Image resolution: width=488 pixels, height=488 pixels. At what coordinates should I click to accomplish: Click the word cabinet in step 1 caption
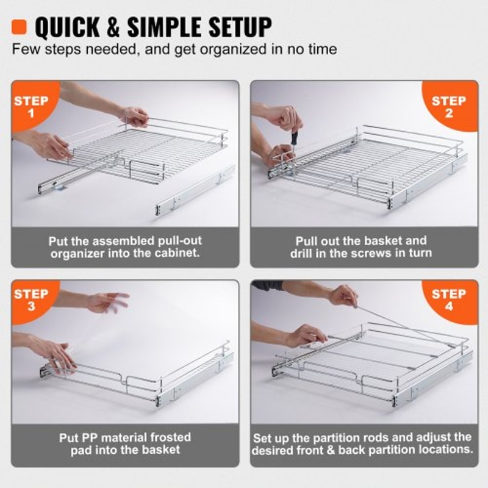tap(177, 253)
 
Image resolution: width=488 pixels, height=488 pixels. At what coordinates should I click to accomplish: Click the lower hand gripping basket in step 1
tap(52, 146)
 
